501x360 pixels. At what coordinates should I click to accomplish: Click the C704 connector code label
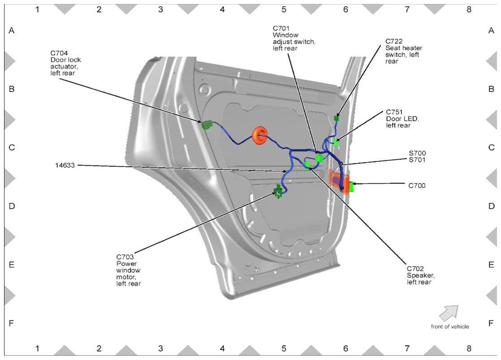[x=59, y=53]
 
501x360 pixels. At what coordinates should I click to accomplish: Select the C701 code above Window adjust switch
[x=281, y=28]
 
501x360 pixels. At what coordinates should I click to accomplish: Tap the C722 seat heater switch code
[x=394, y=41]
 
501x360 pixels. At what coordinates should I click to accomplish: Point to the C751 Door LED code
[x=394, y=112]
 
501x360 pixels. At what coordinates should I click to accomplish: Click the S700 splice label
[x=417, y=153]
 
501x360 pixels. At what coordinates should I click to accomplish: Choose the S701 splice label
[x=417, y=160]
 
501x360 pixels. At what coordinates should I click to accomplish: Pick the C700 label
[x=417, y=186]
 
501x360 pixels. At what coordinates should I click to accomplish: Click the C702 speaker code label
[x=415, y=269]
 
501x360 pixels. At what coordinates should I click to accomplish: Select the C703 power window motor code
[x=125, y=257]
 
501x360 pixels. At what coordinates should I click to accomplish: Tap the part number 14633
[x=65, y=165]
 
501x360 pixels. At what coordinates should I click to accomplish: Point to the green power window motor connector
[x=277, y=191]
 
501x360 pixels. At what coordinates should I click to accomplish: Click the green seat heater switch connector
[x=337, y=118]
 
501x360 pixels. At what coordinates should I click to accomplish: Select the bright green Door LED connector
[x=336, y=142]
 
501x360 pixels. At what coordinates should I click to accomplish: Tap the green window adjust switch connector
[x=319, y=158]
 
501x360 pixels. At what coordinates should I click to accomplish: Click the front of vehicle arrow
[x=449, y=313]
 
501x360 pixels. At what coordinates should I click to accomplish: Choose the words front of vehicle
[x=450, y=326]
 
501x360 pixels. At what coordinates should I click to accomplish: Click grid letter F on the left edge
[x=12, y=323]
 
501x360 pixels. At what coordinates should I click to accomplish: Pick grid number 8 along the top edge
[x=469, y=9]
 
